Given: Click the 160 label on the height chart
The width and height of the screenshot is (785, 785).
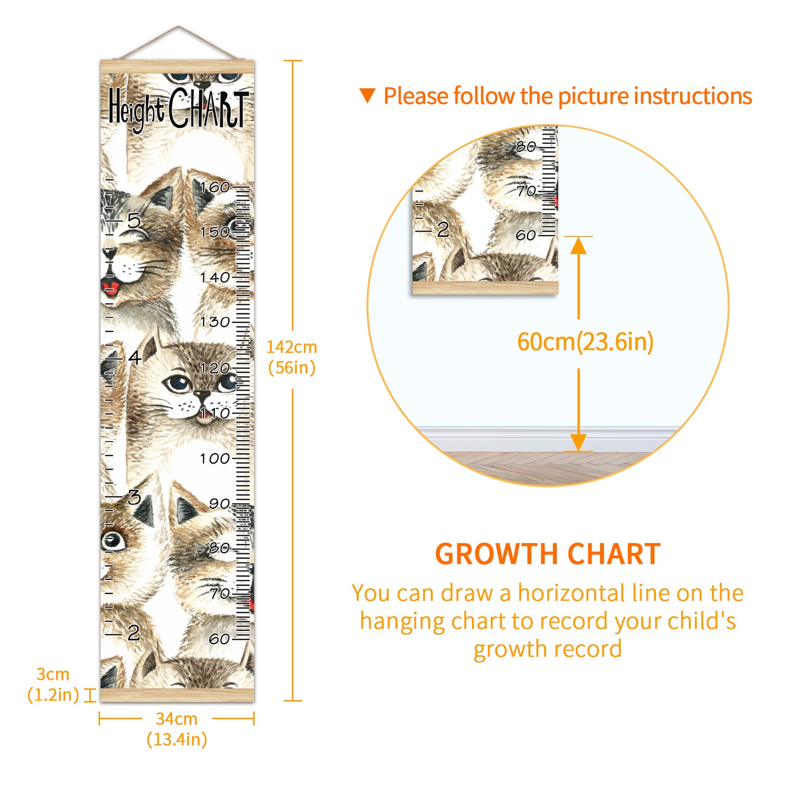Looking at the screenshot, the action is click(215, 187).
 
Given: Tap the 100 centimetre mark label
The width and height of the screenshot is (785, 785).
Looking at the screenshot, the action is click(215, 459).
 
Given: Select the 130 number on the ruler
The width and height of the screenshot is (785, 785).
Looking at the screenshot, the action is click(215, 322).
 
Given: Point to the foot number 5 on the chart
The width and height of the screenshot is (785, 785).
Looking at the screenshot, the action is click(134, 221).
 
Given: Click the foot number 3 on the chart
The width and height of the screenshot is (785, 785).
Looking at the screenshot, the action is click(134, 497).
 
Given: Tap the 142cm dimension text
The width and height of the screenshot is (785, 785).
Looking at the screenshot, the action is click(292, 347).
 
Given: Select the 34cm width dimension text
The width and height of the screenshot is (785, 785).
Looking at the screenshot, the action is click(177, 719).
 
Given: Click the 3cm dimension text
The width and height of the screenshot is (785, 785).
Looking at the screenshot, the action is click(53, 674).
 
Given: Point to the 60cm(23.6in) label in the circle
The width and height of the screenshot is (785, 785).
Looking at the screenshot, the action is click(585, 342).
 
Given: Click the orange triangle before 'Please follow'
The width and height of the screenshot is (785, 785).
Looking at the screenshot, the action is click(367, 96).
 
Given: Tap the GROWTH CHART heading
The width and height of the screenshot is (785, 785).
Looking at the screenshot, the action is click(548, 554).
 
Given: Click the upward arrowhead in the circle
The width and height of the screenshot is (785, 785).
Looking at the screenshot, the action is click(578, 245).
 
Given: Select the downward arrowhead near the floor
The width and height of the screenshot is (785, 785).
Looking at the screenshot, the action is click(578, 443).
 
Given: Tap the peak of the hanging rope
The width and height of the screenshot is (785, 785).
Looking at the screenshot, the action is click(179, 26).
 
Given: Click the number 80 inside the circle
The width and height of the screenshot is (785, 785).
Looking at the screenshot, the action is click(526, 146).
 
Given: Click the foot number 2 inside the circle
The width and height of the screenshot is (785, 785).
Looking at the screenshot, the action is click(443, 229).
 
